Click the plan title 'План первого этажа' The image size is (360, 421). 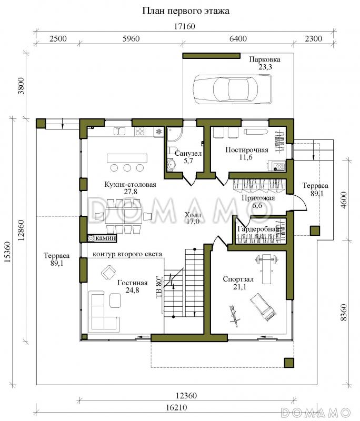point(185,11)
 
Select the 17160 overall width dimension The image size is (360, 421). point(184,26)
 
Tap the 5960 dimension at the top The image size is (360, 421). point(131,38)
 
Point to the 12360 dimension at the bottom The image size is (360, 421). point(186,396)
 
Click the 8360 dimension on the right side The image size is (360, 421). point(343,312)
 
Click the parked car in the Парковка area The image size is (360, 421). point(233,89)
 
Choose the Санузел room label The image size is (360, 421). point(188,153)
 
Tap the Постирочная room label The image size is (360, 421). point(247,150)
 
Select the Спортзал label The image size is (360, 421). point(238,279)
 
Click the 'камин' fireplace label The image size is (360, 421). point(105,238)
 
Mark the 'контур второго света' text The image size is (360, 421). point(127,254)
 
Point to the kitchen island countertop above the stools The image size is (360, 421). point(127,158)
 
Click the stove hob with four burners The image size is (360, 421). point(140,131)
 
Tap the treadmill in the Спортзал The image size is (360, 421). point(263,306)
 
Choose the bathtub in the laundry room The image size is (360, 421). point(256,132)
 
